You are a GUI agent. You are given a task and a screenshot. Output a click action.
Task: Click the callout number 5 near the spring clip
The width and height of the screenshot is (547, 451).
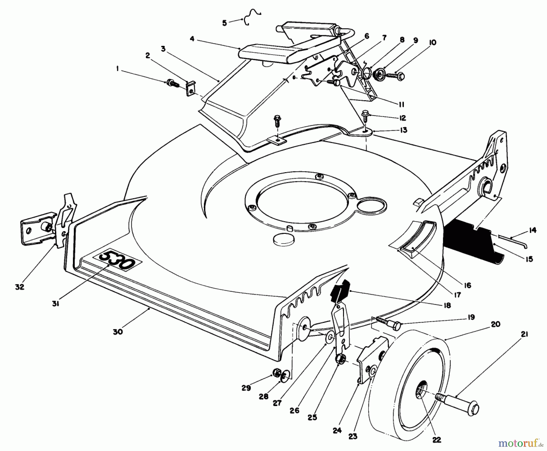[x=225, y=23]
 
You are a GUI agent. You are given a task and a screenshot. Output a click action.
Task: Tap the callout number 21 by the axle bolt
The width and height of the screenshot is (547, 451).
[x=525, y=334]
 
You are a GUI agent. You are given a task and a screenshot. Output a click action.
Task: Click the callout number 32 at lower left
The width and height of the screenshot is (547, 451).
[x=19, y=287]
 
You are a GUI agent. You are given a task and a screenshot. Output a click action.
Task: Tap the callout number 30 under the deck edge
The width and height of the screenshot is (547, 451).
[x=118, y=332]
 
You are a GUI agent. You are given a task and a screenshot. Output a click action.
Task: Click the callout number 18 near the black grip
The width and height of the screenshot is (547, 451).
[x=447, y=305]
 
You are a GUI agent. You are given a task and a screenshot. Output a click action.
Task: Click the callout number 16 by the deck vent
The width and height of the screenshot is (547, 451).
[x=467, y=285]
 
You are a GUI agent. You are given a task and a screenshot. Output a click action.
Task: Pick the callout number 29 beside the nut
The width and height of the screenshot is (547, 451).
[x=246, y=388]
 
